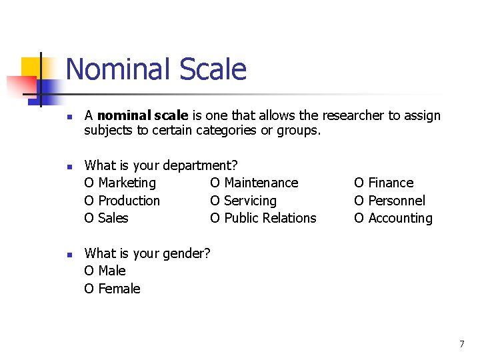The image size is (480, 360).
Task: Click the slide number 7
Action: coord(461,344)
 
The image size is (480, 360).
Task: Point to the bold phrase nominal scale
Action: coord(143,115)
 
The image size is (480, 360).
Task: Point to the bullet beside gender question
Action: coord(69,254)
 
